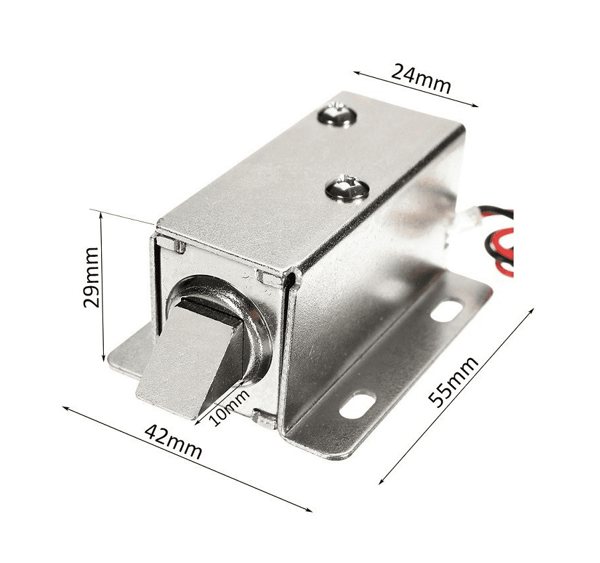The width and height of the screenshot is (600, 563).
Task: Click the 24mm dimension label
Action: pos(421,79)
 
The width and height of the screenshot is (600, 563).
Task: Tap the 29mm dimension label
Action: pos(91,278)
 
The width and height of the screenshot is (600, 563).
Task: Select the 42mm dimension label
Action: pos(174,441)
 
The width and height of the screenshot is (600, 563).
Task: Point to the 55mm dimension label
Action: pos(453,381)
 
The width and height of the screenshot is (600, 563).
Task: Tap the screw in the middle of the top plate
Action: pos(347,188)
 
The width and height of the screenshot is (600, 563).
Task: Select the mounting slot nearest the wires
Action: pos(446,311)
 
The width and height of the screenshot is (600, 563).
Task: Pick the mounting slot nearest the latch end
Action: pos(357,405)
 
